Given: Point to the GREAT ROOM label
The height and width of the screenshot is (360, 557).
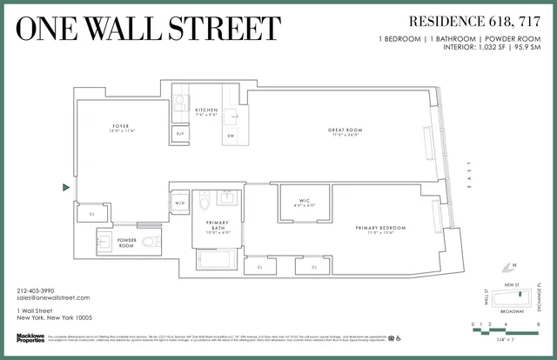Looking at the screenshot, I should (x=346, y=130).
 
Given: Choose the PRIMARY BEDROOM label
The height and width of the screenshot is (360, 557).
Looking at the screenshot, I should (x=381, y=228).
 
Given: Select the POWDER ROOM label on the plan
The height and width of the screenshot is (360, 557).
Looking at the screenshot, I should (x=127, y=243).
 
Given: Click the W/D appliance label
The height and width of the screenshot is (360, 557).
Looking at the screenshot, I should (x=180, y=203).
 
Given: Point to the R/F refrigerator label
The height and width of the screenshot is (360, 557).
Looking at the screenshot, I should (x=180, y=134).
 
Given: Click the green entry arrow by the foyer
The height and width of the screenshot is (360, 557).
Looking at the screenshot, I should (x=66, y=187).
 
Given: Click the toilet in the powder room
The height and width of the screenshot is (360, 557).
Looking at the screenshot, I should (x=149, y=241).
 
